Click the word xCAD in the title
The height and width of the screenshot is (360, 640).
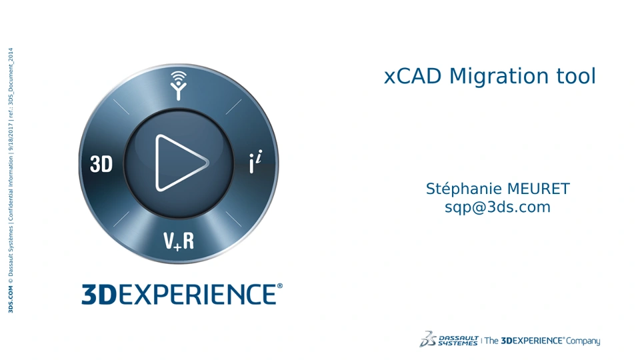(413, 76)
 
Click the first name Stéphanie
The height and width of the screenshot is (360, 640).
(461, 189)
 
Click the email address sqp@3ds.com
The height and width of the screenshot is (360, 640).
(497, 207)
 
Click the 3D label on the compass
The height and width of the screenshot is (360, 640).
(101, 164)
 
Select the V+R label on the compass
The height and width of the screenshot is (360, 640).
(179, 241)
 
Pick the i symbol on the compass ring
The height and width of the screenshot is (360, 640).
(255, 161)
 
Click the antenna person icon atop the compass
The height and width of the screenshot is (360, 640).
(179, 85)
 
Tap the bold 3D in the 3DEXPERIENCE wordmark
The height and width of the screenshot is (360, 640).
(99, 294)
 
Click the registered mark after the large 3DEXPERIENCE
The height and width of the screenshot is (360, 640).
(279, 286)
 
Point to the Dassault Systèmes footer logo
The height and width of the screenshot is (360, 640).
(449, 339)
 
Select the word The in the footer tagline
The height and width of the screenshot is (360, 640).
(491, 341)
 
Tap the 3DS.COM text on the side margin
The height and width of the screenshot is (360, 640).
(11, 299)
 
